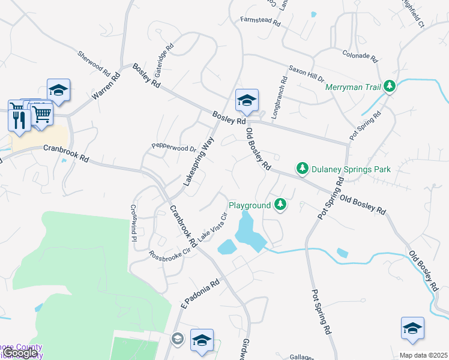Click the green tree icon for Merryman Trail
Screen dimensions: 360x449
[390, 87]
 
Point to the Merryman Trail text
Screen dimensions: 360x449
[353, 87]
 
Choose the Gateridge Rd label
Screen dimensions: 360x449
[164, 55]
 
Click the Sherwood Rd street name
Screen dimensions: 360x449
[94, 63]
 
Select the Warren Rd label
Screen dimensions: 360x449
[106, 87]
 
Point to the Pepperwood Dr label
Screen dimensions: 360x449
[174, 147]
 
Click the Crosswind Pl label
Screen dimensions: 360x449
[134, 223]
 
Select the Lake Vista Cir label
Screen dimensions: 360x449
[213, 227]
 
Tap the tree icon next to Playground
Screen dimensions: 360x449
[280, 205]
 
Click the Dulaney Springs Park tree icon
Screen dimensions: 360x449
[303, 169]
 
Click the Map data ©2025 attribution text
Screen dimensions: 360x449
[423, 355]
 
